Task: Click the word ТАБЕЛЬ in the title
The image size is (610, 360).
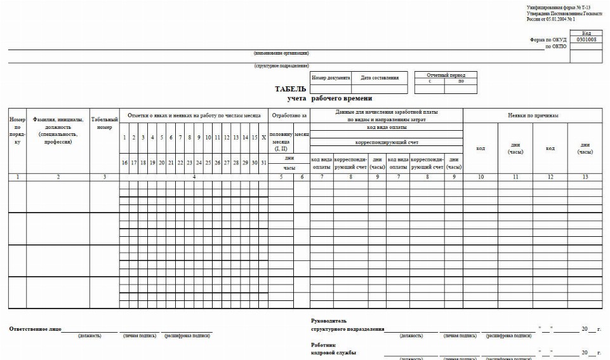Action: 291,90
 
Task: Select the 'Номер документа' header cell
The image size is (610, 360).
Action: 330,78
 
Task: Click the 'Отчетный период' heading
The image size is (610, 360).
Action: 446,75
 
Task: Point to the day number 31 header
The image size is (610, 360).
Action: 263,163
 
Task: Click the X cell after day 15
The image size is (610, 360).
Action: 263,138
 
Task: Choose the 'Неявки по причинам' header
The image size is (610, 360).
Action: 533,116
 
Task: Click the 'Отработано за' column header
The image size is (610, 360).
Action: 289,116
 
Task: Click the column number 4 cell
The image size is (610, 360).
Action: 194,177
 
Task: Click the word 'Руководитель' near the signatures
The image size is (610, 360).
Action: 329,321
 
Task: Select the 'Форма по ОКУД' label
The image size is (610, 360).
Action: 548,39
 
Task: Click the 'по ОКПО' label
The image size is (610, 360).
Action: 556,46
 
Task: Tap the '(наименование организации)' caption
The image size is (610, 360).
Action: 281,53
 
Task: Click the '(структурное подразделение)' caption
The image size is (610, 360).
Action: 281,65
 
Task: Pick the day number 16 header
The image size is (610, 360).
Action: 124,163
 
